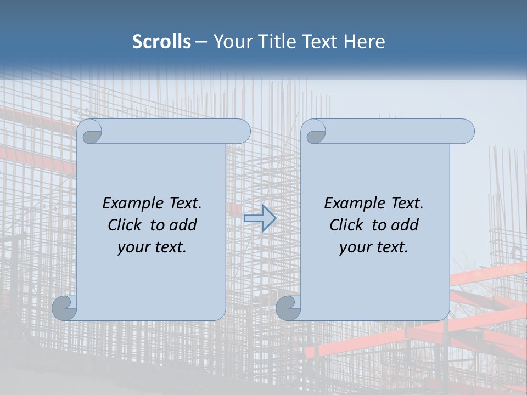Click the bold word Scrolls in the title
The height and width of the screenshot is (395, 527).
[x=161, y=41]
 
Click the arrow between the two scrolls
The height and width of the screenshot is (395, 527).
[x=260, y=218]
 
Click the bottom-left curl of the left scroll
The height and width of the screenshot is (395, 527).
[x=64, y=308]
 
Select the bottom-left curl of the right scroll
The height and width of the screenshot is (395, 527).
[x=288, y=308]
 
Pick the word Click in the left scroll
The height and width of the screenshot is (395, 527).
[x=124, y=225]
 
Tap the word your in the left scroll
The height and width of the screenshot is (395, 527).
[x=132, y=247]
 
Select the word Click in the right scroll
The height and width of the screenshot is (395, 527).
[x=346, y=225]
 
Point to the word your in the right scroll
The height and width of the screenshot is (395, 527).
[x=354, y=247]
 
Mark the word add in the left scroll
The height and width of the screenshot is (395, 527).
[x=183, y=225]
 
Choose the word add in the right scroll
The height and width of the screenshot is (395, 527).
[x=405, y=225]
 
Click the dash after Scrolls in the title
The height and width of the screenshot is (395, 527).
[x=201, y=42]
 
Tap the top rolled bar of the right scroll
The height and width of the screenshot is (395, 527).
[x=395, y=132]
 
